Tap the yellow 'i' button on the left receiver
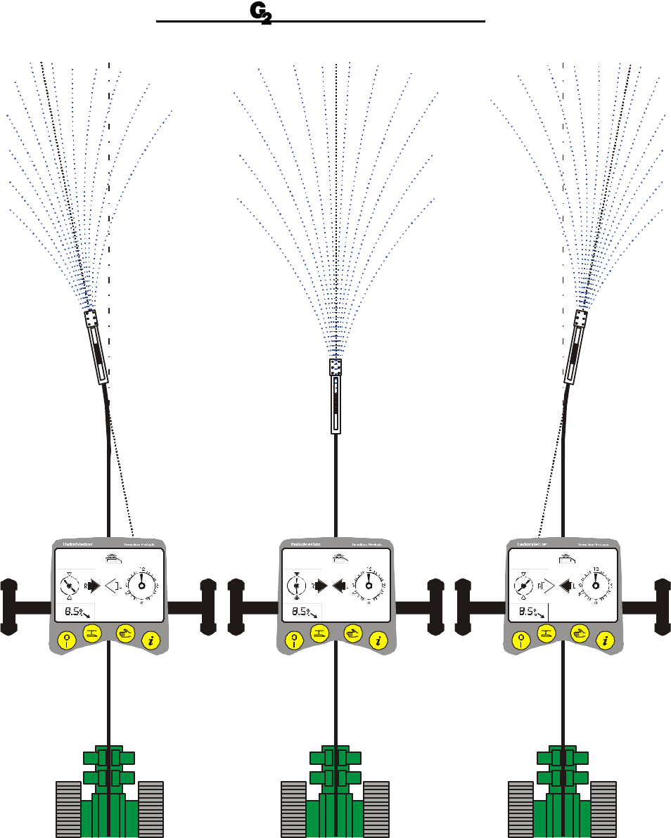click(151, 639)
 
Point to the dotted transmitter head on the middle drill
click(335, 366)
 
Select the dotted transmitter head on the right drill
click(581, 318)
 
